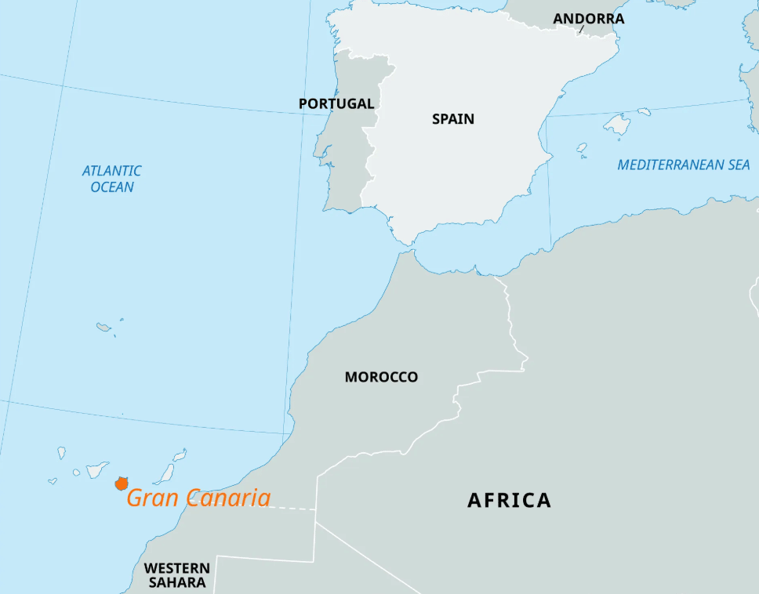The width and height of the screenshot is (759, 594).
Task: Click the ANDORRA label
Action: (x=588, y=19)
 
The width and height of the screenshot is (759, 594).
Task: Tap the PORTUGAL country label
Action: (x=336, y=103)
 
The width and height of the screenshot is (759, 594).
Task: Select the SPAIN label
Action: (x=453, y=119)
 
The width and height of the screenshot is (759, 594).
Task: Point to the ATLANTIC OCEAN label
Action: (x=112, y=179)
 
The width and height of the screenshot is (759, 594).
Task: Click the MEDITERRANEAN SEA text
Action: (x=683, y=165)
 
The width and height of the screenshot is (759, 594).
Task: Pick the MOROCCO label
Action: (x=381, y=377)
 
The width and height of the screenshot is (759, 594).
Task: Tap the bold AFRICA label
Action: (x=509, y=500)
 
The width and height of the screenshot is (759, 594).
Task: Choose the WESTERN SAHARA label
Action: (x=177, y=575)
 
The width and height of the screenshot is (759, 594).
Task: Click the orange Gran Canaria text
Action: (x=198, y=498)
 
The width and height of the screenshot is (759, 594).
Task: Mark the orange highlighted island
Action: (x=121, y=484)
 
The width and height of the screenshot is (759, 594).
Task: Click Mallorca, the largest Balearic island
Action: (x=617, y=124)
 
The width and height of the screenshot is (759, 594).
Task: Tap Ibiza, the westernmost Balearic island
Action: (x=582, y=147)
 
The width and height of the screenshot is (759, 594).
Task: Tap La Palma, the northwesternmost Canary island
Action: (x=61, y=452)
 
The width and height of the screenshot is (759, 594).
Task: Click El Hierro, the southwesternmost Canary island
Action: (x=53, y=481)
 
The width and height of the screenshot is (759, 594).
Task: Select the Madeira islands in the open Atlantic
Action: (x=104, y=327)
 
